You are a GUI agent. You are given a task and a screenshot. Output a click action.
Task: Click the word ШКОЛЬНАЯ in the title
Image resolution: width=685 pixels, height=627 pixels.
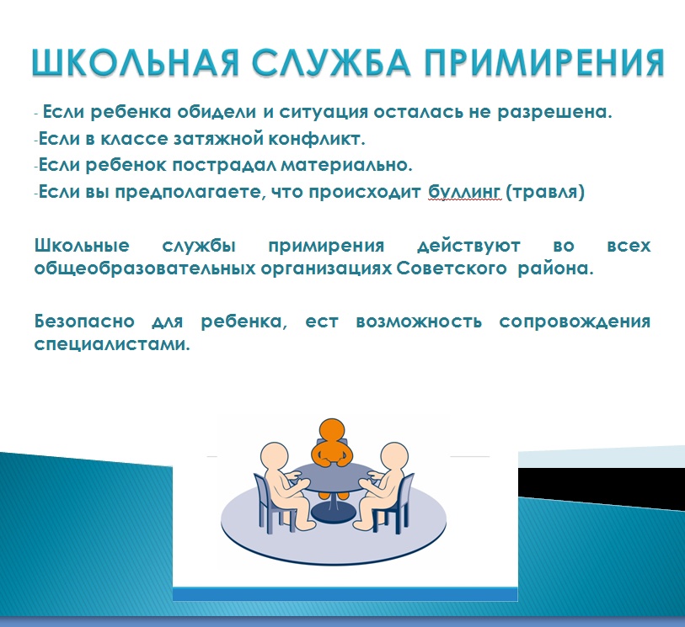(135, 62)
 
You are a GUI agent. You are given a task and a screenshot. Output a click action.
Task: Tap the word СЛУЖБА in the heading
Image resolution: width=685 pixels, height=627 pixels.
(331, 62)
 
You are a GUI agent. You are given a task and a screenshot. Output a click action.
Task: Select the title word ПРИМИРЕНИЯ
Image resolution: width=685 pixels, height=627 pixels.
(545, 62)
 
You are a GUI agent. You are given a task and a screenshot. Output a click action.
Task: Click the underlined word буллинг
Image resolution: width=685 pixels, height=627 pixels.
(464, 192)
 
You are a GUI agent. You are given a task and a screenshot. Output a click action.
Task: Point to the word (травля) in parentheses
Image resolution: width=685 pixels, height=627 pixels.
(545, 192)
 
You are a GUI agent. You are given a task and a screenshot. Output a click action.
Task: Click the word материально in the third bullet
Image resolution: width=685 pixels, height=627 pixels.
(346, 165)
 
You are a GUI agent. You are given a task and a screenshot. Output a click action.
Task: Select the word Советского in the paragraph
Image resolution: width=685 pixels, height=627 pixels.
(452, 268)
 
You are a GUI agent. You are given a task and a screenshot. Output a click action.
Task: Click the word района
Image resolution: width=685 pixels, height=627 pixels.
(555, 268)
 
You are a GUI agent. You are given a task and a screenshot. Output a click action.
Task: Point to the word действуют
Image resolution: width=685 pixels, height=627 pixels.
(468, 246)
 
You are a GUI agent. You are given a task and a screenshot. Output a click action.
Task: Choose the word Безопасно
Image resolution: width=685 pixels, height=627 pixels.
(84, 321)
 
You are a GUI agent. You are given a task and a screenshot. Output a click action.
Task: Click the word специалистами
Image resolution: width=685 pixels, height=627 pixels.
(112, 345)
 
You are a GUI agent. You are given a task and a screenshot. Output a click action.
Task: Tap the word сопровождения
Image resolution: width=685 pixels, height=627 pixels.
(575, 322)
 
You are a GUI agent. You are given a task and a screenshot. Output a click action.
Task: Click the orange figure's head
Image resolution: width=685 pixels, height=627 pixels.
(332, 431)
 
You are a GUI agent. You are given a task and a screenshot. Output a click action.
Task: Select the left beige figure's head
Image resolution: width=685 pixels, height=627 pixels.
(275, 455)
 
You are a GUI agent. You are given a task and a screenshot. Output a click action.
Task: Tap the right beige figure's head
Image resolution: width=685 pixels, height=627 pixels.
(394, 456)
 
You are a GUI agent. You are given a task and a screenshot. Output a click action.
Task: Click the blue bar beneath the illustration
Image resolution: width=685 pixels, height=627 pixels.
(345, 594)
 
